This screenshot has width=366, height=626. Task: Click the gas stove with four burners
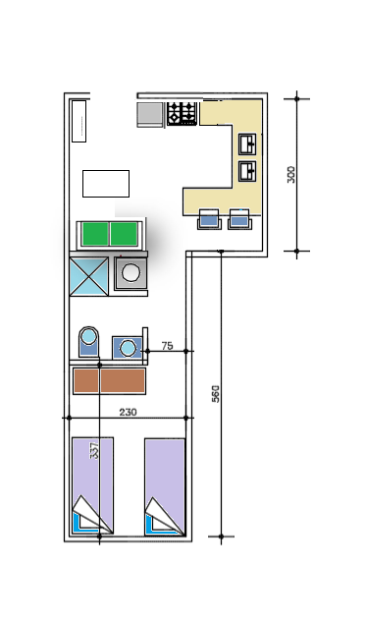coord(182,113)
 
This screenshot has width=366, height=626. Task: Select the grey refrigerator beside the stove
coord(150,115)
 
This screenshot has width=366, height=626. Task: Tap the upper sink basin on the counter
coord(247,144)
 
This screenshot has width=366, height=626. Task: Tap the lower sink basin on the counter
coord(247,171)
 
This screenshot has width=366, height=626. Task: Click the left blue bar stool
coord(209,219)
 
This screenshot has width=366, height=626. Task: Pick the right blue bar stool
coord(239,219)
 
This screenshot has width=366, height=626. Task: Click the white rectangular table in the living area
coord(106,184)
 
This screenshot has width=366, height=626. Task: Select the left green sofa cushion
coord(95,234)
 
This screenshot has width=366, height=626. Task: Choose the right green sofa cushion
coord(124,234)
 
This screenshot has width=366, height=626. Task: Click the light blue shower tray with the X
coord(89,276)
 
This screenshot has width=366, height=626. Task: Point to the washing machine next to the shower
coord(131,273)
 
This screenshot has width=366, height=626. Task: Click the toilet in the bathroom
coord(89,341)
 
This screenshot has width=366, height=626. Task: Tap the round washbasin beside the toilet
coord(128,347)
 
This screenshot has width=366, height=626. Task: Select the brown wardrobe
coord(109,381)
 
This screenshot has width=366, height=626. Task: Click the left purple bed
coord(92,485)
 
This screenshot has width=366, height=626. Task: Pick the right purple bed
coord(165,486)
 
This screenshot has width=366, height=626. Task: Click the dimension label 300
coord(291,175)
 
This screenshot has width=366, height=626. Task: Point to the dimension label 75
coord(168,346)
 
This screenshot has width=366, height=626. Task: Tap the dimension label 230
coord(128,412)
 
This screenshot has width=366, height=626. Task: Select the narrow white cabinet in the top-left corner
coord(78,121)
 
